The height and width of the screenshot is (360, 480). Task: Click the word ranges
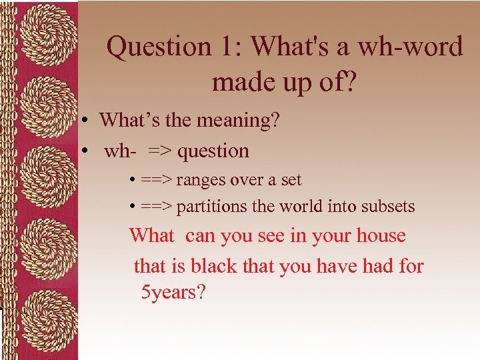[x=201, y=180]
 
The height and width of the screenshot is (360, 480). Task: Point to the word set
[x=291, y=180]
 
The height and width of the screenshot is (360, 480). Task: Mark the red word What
[x=151, y=235]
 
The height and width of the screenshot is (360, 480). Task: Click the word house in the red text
[x=381, y=235]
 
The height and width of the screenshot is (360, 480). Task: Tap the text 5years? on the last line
[x=173, y=292]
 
